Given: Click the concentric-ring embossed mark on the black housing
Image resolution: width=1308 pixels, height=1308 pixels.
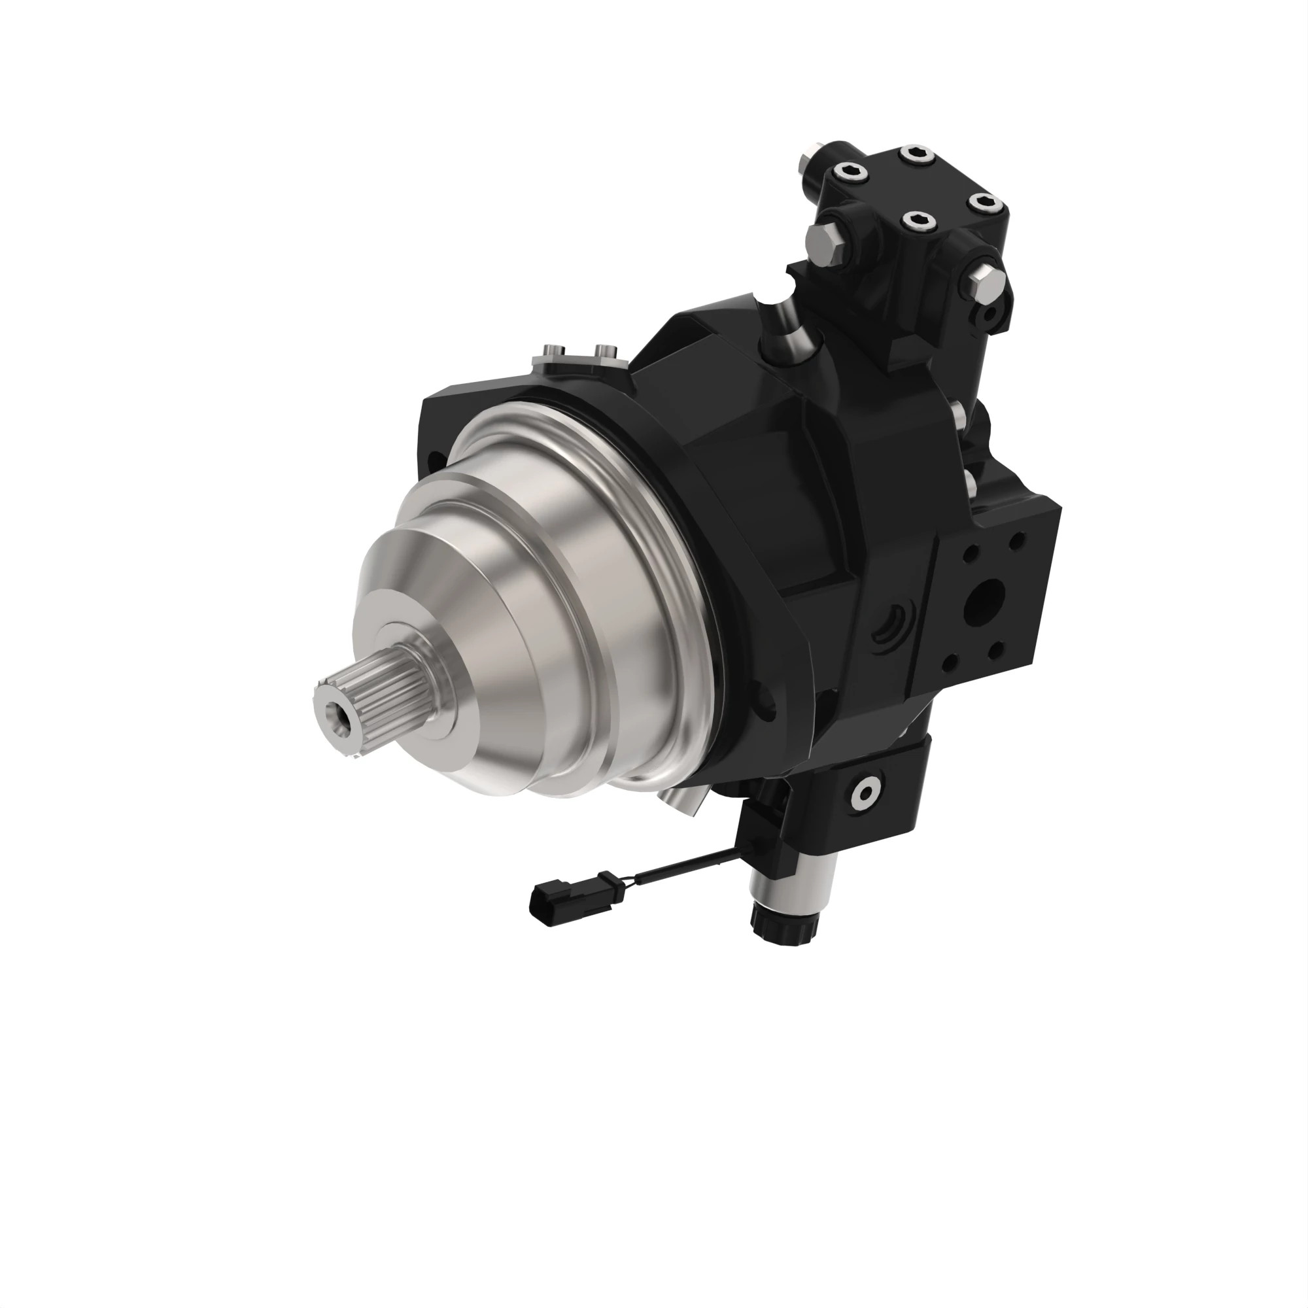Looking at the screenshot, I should click(891, 627).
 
